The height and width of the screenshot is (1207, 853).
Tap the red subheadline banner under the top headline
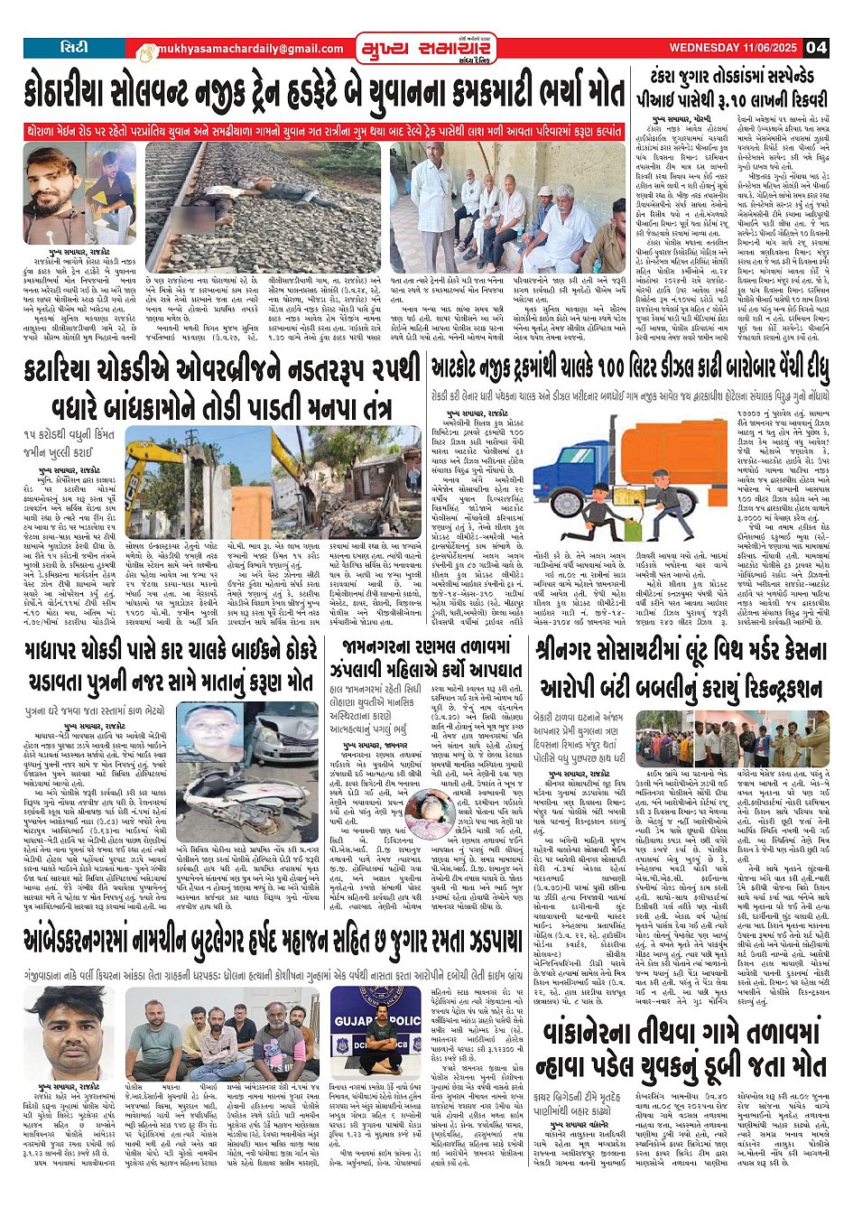point(325,132)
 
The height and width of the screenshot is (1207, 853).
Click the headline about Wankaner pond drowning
point(682,1051)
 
